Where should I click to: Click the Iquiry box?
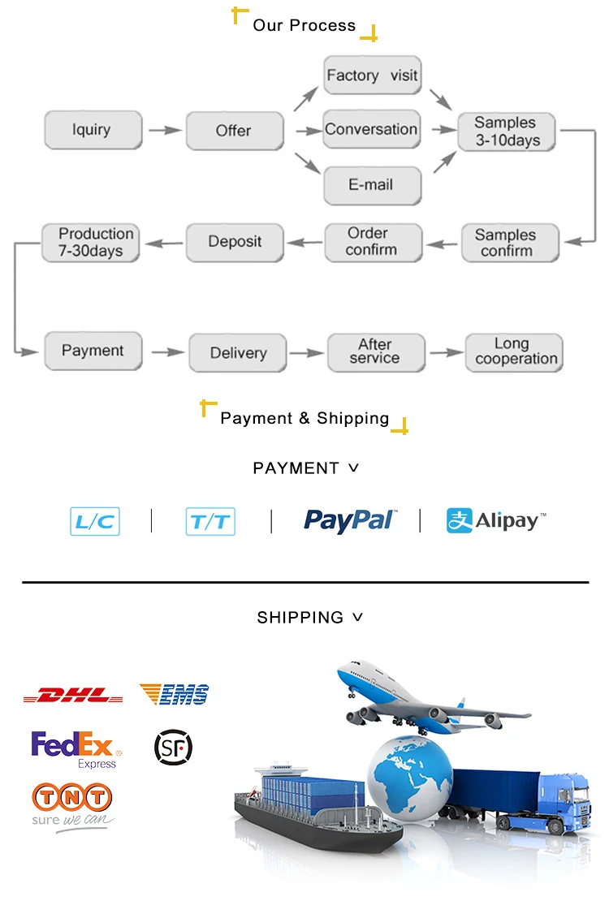(93, 130)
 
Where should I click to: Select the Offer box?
(234, 131)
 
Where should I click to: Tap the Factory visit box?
(372, 75)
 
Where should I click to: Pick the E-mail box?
(372, 185)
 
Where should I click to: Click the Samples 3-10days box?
(506, 131)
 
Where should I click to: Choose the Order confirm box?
(372, 242)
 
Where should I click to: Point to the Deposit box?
(235, 242)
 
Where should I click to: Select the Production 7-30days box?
(92, 243)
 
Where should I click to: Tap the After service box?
(374, 351)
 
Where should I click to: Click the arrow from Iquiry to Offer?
(164, 130)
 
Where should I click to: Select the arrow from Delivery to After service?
(307, 352)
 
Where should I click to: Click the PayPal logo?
(350, 520)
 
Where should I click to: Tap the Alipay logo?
(496, 520)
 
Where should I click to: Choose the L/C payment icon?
(95, 521)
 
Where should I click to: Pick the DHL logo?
(73, 696)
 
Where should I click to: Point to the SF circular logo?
(173, 748)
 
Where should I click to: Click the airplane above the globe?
(422, 698)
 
